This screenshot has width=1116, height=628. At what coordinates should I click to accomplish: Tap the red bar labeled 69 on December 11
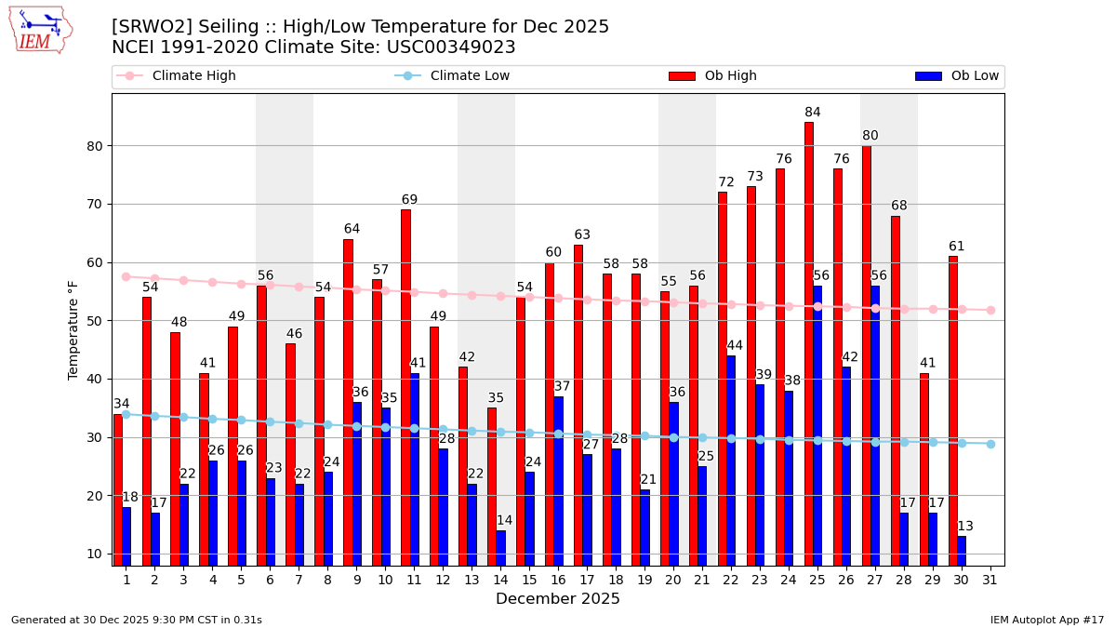tap(405, 386)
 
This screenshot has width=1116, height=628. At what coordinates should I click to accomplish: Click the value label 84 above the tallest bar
tap(813, 113)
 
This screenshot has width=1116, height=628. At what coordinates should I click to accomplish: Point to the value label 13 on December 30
tap(965, 527)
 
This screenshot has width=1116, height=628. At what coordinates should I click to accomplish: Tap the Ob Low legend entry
tap(957, 76)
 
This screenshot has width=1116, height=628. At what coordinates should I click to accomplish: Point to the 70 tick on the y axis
tap(95, 204)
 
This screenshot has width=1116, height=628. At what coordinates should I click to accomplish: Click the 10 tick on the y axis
tap(95, 554)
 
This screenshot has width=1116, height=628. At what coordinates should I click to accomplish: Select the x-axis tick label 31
tap(990, 580)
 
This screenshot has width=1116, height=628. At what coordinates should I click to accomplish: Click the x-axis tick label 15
tap(529, 580)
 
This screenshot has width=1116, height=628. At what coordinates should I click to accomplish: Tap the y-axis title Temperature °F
tap(74, 329)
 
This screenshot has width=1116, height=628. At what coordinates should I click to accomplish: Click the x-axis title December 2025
tap(558, 599)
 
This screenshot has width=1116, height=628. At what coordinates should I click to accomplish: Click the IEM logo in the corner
tap(40, 30)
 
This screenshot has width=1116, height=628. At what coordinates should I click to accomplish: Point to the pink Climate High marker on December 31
tap(990, 310)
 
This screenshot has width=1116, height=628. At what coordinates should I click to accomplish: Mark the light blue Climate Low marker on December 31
tap(990, 444)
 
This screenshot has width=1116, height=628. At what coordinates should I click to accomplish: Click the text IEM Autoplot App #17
tap(1047, 620)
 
